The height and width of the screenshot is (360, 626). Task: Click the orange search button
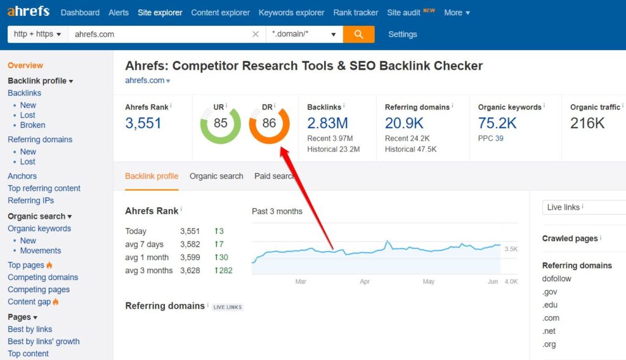(x=359, y=34)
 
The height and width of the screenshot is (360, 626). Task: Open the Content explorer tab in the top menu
(x=220, y=12)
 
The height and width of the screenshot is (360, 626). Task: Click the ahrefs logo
(x=29, y=12)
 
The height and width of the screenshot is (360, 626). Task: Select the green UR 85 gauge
(x=220, y=123)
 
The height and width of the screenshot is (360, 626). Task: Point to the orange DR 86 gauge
(x=269, y=123)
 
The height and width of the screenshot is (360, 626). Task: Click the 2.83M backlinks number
(x=328, y=123)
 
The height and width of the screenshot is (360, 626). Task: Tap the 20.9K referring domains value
(x=404, y=123)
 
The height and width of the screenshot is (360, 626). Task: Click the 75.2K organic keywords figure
(x=497, y=123)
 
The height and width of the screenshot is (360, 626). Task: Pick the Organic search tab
(x=216, y=176)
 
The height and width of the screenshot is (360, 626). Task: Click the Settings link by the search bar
(x=402, y=34)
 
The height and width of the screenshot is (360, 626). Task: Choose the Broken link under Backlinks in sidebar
(x=32, y=125)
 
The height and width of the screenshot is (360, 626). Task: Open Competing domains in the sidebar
(x=43, y=277)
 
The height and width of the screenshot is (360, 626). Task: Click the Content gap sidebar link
(x=29, y=302)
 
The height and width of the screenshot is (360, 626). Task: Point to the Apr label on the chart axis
(x=365, y=282)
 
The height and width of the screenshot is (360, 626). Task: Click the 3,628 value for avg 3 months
(x=190, y=270)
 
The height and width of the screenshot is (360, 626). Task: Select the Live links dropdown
(x=584, y=207)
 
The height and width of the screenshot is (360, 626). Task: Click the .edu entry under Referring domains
(x=550, y=305)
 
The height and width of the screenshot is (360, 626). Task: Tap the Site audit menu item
(x=403, y=12)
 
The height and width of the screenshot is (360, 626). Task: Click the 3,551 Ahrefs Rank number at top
(x=143, y=123)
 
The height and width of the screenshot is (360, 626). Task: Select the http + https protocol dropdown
(x=37, y=34)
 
